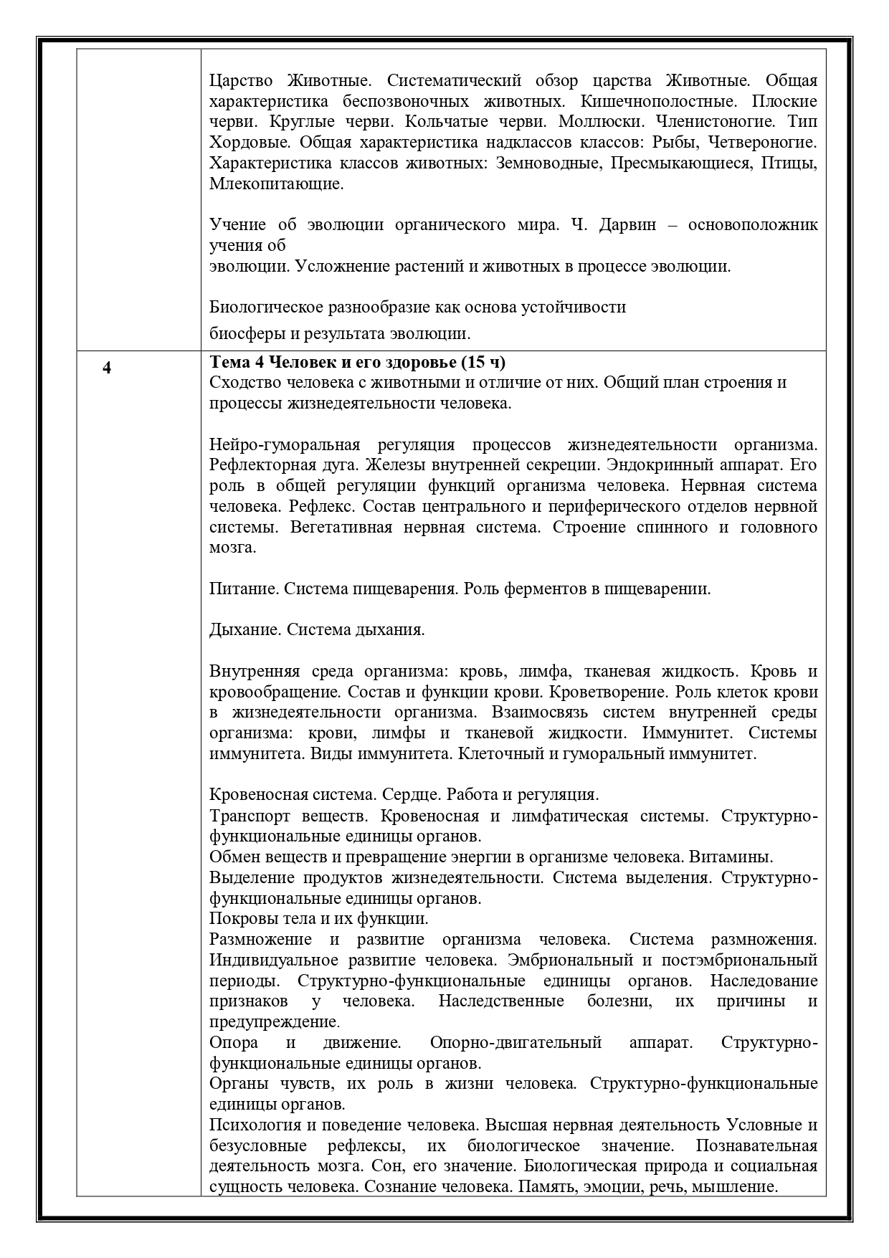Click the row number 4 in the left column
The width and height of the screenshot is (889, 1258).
point(107,369)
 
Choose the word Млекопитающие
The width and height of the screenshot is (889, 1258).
point(276,184)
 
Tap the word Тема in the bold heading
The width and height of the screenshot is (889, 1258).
point(229,361)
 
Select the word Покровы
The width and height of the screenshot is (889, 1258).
point(242,919)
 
